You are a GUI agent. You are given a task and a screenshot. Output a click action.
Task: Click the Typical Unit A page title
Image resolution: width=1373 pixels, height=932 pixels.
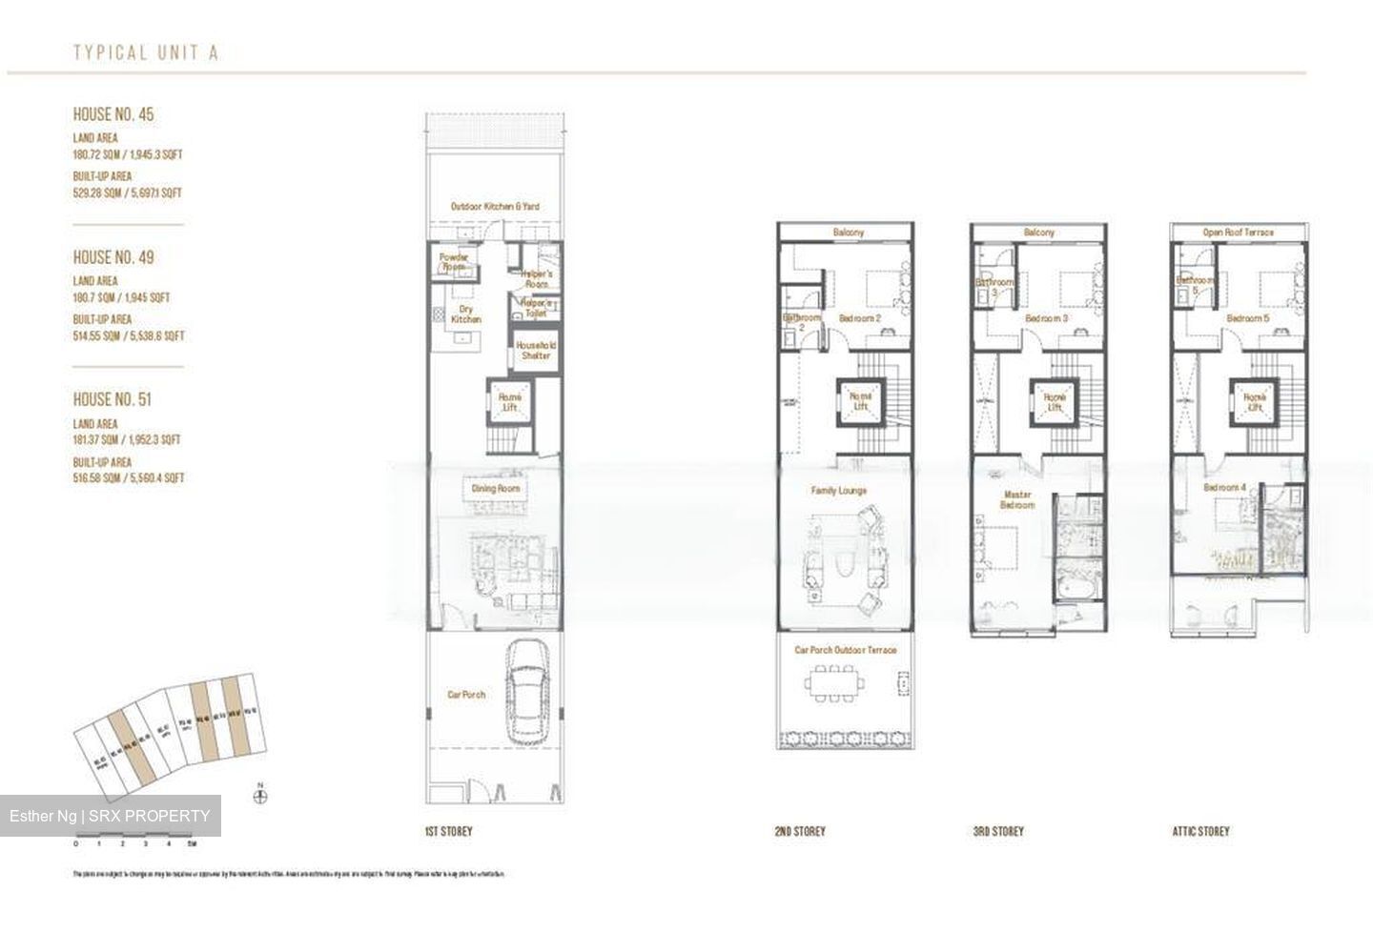(x=146, y=52)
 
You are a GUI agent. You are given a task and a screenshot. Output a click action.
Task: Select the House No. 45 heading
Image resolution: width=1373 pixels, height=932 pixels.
(x=113, y=114)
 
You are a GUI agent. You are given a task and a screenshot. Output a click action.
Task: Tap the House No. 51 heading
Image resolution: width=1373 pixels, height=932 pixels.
(x=113, y=400)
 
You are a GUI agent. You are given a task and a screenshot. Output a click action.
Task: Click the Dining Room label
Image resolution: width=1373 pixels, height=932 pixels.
(x=496, y=489)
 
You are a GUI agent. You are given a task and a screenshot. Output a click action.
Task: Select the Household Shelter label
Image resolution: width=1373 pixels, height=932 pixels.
(x=536, y=350)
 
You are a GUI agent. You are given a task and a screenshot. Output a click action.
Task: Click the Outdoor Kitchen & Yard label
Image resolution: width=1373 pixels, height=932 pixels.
(x=495, y=206)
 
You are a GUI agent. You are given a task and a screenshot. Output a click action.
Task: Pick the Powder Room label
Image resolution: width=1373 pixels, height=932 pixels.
(x=454, y=262)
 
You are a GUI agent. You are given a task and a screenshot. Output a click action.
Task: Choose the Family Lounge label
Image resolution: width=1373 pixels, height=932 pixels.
(x=839, y=491)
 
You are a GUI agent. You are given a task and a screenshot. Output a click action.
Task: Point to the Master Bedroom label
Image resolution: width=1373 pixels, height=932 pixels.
(x=1017, y=499)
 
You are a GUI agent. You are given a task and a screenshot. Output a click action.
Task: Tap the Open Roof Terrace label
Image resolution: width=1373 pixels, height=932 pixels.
(x=1238, y=233)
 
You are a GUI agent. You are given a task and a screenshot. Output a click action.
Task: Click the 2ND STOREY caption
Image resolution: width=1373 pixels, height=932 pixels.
(x=800, y=831)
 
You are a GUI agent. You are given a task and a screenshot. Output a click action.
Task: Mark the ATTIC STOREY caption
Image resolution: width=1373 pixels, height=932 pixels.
(x=1200, y=831)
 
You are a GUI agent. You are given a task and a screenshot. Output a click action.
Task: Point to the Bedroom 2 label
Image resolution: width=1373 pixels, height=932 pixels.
(x=859, y=318)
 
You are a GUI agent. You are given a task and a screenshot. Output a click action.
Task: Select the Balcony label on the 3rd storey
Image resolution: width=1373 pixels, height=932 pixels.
(x=1039, y=233)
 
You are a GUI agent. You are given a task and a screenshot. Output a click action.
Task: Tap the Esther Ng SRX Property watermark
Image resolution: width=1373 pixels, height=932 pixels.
(x=110, y=816)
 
